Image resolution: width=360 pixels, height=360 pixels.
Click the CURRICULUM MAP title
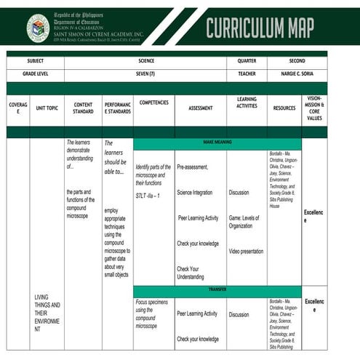(260, 27)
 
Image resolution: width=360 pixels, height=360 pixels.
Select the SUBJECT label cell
(35, 62)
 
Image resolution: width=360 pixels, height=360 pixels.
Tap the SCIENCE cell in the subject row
(145, 62)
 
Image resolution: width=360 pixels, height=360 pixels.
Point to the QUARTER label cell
(247, 62)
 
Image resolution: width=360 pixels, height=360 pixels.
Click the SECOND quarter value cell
(297, 62)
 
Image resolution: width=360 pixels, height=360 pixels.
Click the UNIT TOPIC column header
(47, 108)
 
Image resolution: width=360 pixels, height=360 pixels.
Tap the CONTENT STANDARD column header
(83, 108)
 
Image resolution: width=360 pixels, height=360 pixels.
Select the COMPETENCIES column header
(153, 103)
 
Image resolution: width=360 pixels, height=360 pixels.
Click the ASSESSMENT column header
(200, 108)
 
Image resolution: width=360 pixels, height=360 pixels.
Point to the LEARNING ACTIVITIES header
(247, 103)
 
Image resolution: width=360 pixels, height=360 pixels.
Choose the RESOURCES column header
(284, 108)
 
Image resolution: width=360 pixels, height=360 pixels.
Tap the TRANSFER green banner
(217, 289)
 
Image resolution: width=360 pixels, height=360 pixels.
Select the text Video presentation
(246, 251)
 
